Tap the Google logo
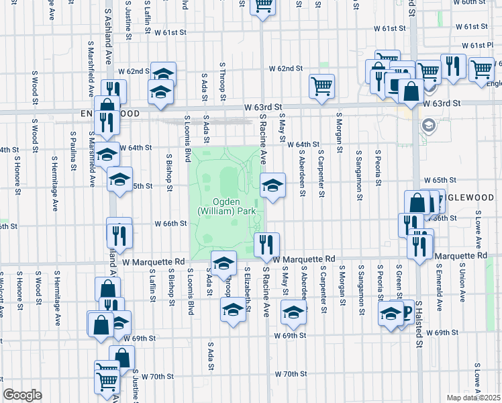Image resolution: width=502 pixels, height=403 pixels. pos(22,394)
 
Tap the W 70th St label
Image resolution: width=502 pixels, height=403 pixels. pos(291,374)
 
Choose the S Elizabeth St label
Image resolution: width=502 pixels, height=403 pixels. pos(248,287)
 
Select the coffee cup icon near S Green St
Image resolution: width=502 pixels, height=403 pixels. pos(404,310)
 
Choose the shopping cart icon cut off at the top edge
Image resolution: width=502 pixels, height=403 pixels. pos(262,5)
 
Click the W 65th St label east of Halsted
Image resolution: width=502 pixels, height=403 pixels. pos(440,181)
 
